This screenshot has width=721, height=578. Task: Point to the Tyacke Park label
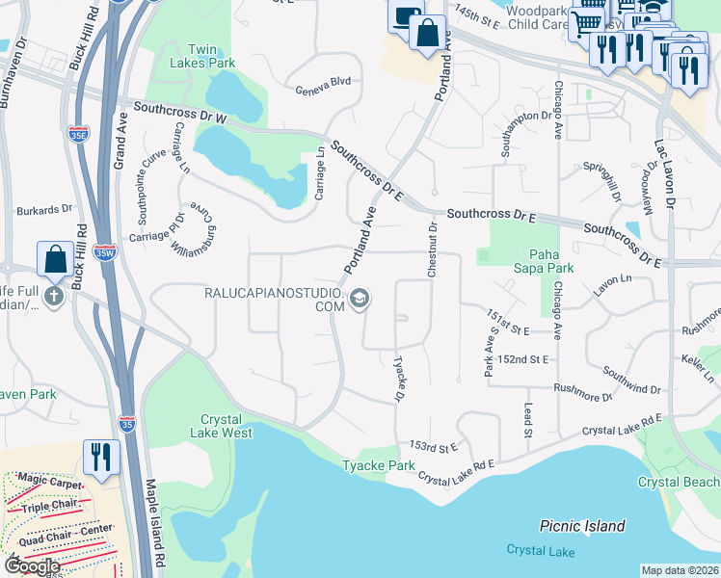pyautogui.click(x=379, y=466)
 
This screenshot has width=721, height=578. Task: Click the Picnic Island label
pyautogui.click(x=582, y=526)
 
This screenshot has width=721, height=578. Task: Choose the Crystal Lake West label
pyautogui.click(x=227, y=426)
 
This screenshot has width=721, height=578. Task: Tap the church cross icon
pyautogui.click(x=53, y=296)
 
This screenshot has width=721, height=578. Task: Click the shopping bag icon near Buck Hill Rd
pyautogui.click(x=55, y=259)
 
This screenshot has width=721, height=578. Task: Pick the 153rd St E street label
pyautogui.click(x=433, y=447)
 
